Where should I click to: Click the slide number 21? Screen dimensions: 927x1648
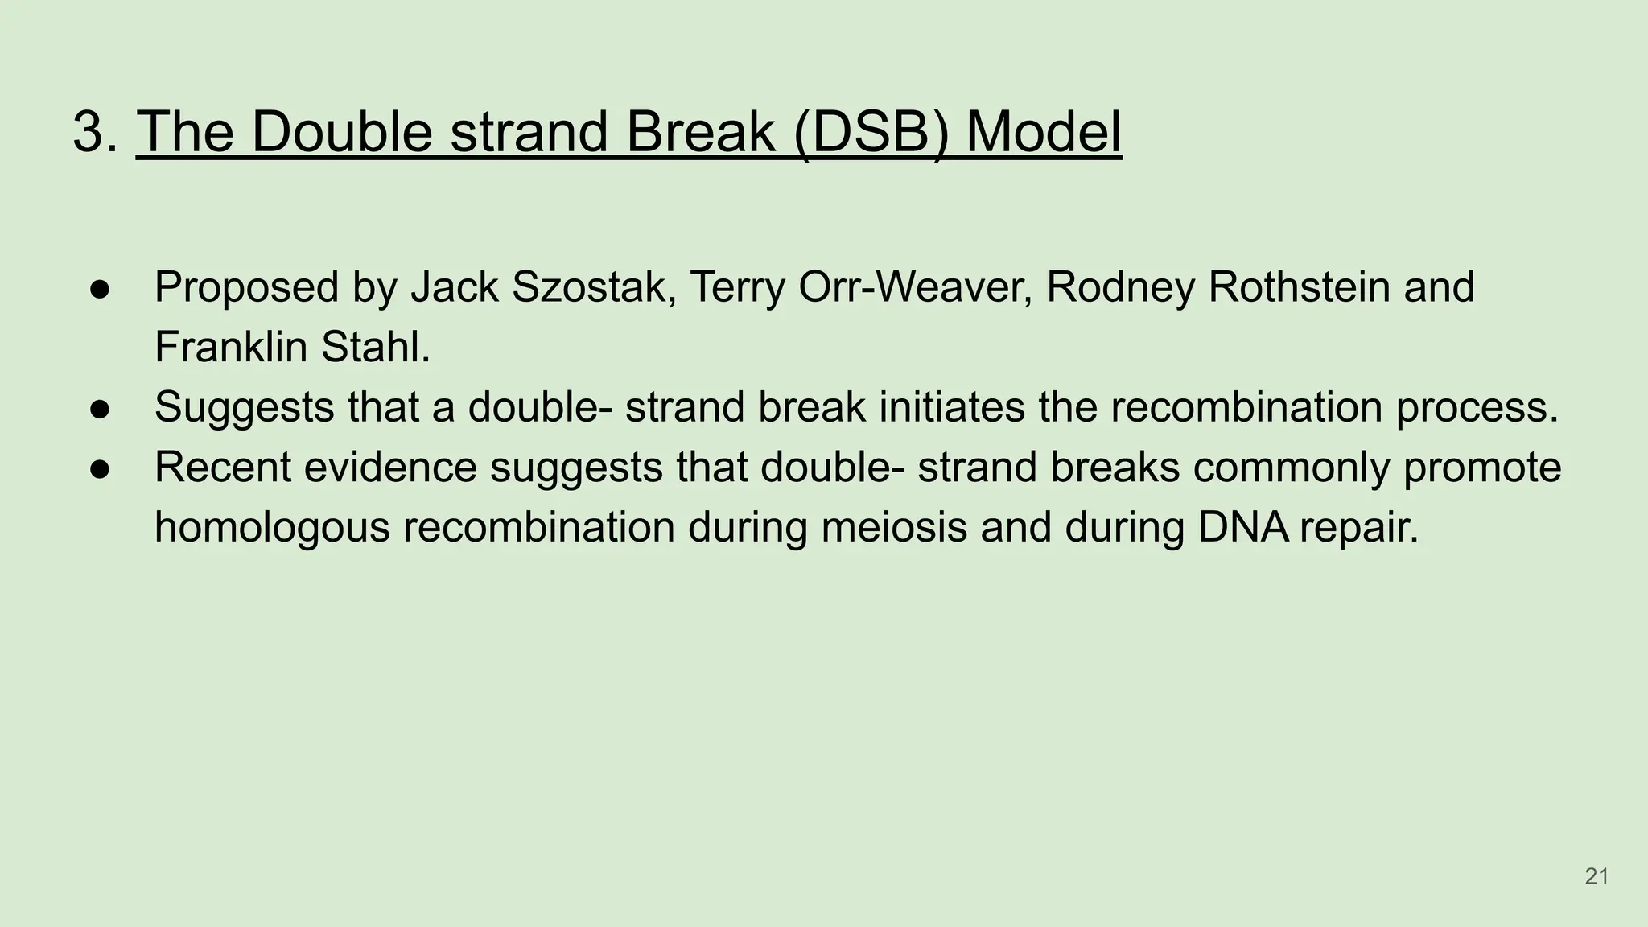1596,876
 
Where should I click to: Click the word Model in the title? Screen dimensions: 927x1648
1043,131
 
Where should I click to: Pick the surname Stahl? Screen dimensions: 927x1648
375,348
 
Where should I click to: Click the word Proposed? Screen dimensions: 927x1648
246,287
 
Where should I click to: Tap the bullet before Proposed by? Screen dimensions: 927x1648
100,289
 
